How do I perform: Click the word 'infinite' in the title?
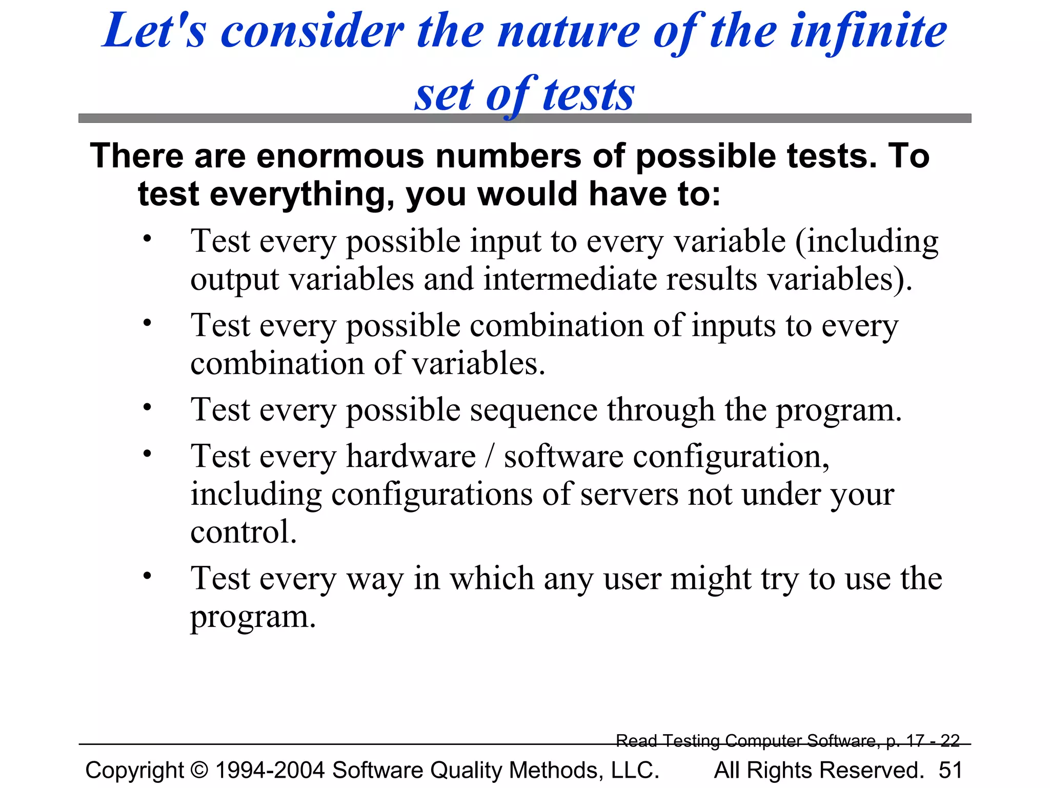coord(868,32)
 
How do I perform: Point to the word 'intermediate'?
coord(570,279)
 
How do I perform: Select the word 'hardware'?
coord(411,456)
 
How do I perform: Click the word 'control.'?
coord(244,532)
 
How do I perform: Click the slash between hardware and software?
coord(490,456)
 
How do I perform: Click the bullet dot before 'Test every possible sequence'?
coord(148,407)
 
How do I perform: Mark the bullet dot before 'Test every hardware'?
coord(148,454)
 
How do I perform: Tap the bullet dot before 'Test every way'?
coord(148,576)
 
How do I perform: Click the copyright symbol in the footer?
coord(199,770)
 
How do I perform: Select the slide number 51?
coord(950,770)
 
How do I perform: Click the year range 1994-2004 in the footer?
coord(270,770)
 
